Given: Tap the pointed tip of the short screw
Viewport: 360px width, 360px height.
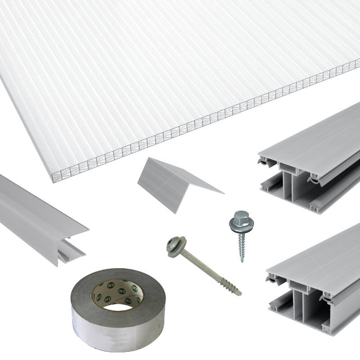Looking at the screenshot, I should tap(242, 261).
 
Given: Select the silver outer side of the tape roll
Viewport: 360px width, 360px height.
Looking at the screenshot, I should tap(117, 333).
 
